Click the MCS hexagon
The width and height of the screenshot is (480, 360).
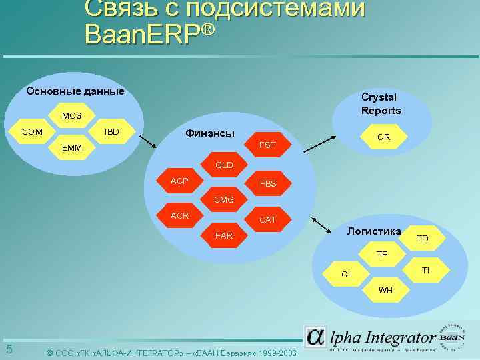pyautogui.click(x=72, y=116)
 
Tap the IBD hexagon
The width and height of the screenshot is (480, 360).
pyautogui.click(x=111, y=131)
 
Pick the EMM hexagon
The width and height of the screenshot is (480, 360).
pyautogui.click(x=72, y=147)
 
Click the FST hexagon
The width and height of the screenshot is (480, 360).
pyautogui.click(x=267, y=144)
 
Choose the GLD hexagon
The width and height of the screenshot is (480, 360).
pyautogui.click(x=223, y=164)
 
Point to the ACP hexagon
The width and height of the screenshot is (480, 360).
pyautogui.click(x=179, y=181)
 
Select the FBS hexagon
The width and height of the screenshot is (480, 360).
pyautogui.click(x=267, y=183)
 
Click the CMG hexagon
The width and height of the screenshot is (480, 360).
pyautogui.click(x=223, y=199)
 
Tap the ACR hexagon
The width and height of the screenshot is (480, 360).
pyautogui.click(x=179, y=215)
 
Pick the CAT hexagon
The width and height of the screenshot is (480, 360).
pyautogui.click(x=267, y=219)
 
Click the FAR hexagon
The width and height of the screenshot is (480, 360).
pyautogui.click(x=223, y=235)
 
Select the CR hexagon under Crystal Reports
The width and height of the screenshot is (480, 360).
pyautogui.click(x=383, y=137)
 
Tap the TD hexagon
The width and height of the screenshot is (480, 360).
pyautogui.click(x=423, y=238)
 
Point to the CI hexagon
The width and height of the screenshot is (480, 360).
pyautogui.click(x=345, y=274)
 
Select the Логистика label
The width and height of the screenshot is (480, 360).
pyautogui.click(x=373, y=231)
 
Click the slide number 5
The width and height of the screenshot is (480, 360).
pyautogui.click(x=9, y=350)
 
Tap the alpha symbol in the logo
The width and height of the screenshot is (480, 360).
pyautogui.click(x=315, y=337)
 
